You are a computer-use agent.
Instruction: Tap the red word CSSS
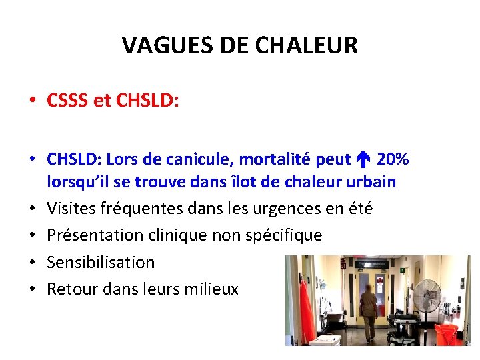coord(67,101)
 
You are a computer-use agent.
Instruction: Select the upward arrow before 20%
coord(363,160)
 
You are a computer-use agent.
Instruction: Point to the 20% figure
coord(393,160)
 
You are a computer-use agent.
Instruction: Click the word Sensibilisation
coord(101,262)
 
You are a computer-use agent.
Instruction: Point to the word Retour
coord(69,289)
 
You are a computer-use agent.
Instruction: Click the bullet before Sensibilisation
coord(31,262)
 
